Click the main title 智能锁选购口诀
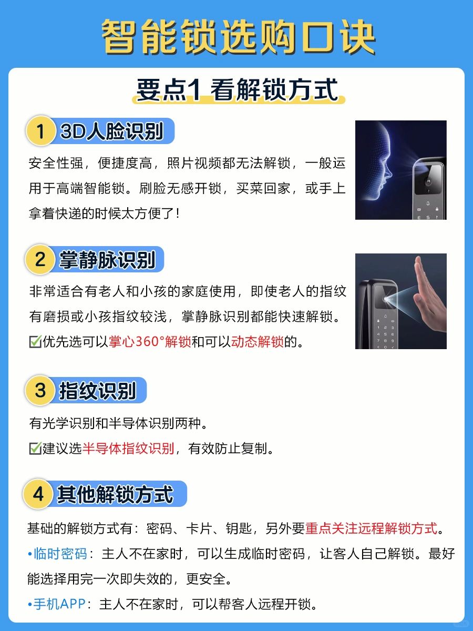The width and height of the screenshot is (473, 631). coord(239,37)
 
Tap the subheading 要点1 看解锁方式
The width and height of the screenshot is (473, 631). coord(237,90)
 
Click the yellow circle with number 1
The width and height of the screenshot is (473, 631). coord(40,131)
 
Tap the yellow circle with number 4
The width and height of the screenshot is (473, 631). coord(38,494)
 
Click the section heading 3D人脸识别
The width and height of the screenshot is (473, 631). coord(112,131)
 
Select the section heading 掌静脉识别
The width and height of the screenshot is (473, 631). coord(107,260)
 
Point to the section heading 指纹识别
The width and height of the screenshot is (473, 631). coord(97,390)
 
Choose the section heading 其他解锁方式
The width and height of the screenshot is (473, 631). coord(115,494)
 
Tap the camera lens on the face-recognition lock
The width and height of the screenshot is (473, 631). coord(428,182)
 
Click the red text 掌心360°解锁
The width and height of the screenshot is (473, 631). coord(150,341)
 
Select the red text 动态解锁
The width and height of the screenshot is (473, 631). coord(258,341)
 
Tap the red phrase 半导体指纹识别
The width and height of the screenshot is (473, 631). coord(128,448)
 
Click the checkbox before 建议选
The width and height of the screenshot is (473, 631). coord(35,448)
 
